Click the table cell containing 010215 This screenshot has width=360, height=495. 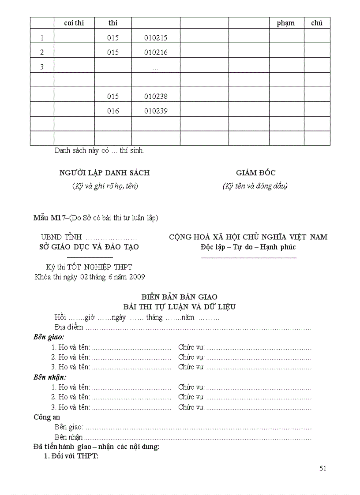point(156,38)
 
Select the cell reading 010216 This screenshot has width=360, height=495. point(156,52)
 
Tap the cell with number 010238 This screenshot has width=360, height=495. point(156,96)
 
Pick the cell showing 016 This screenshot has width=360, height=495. point(113,111)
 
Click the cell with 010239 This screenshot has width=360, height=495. point(156,111)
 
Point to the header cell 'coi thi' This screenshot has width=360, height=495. point(74,23)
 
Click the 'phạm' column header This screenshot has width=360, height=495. point(286,23)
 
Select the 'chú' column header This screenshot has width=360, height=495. point(317,23)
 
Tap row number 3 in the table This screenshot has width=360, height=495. point(42,67)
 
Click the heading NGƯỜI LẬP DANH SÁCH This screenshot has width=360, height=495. point(105,173)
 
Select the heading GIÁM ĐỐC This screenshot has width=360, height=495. point(256,173)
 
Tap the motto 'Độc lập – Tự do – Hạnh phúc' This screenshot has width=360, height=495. point(248,247)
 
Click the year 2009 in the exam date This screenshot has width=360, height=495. point(138,277)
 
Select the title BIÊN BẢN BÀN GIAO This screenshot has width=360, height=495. point(179,297)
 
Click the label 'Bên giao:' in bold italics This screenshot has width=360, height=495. point(49,337)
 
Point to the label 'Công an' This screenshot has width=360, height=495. point(47,417)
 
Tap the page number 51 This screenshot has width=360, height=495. point(322,469)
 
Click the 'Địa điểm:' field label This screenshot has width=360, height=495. point(69,327)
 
